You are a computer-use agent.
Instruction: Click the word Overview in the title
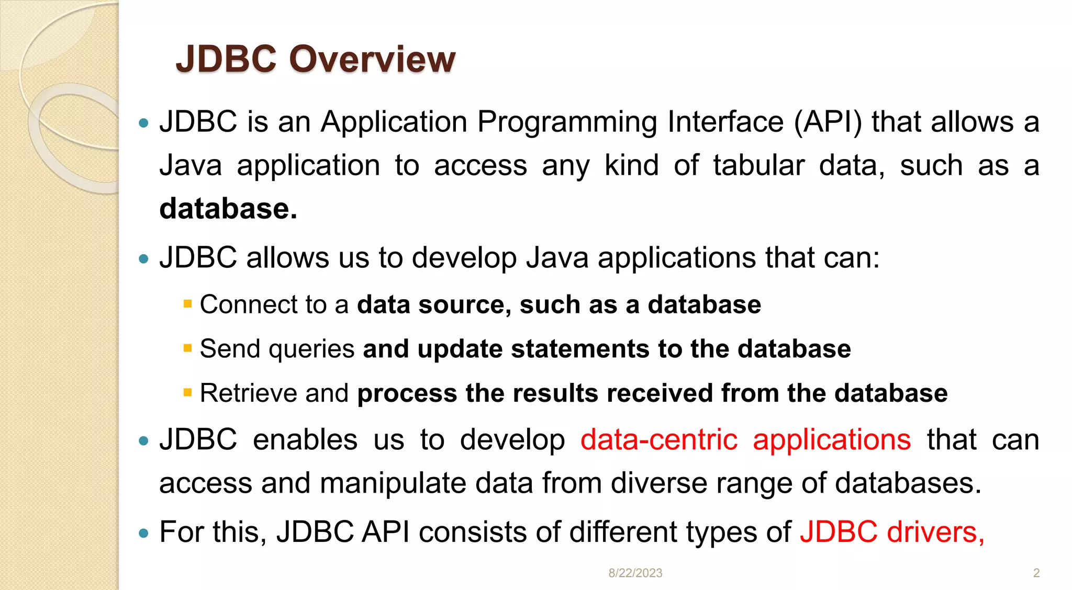(x=372, y=59)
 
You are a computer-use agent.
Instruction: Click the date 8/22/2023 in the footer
(x=635, y=573)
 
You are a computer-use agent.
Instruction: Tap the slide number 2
(x=1036, y=573)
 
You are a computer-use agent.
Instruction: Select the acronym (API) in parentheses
(x=828, y=122)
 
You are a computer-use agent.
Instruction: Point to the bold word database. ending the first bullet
(x=228, y=209)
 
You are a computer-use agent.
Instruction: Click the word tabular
(x=758, y=166)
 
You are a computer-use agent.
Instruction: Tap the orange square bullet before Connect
(x=188, y=303)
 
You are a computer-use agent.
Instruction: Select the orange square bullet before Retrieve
(x=188, y=392)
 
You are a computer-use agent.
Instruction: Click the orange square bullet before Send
(x=188, y=347)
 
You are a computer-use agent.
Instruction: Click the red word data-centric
(x=658, y=439)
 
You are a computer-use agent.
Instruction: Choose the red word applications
(x=832, y=440)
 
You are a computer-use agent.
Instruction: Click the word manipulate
(x=393, y=483)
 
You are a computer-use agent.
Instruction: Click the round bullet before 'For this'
(x=144, y=534)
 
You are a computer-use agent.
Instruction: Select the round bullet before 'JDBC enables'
(x=144, y=441)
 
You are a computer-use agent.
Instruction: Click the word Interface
(x=725, y=122)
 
